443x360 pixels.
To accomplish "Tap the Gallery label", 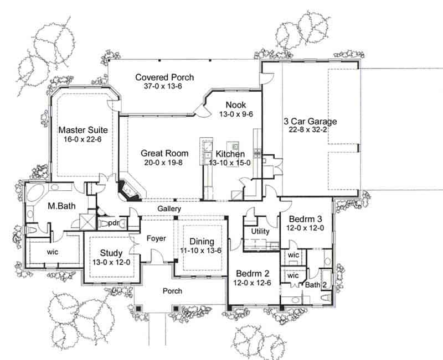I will click(169, 209).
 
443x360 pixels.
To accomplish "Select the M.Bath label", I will click(61, 206).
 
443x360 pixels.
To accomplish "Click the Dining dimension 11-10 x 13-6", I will click(202, 251).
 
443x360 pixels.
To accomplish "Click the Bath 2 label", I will click(316, 285).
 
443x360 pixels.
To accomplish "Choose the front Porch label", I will click(172, 291).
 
